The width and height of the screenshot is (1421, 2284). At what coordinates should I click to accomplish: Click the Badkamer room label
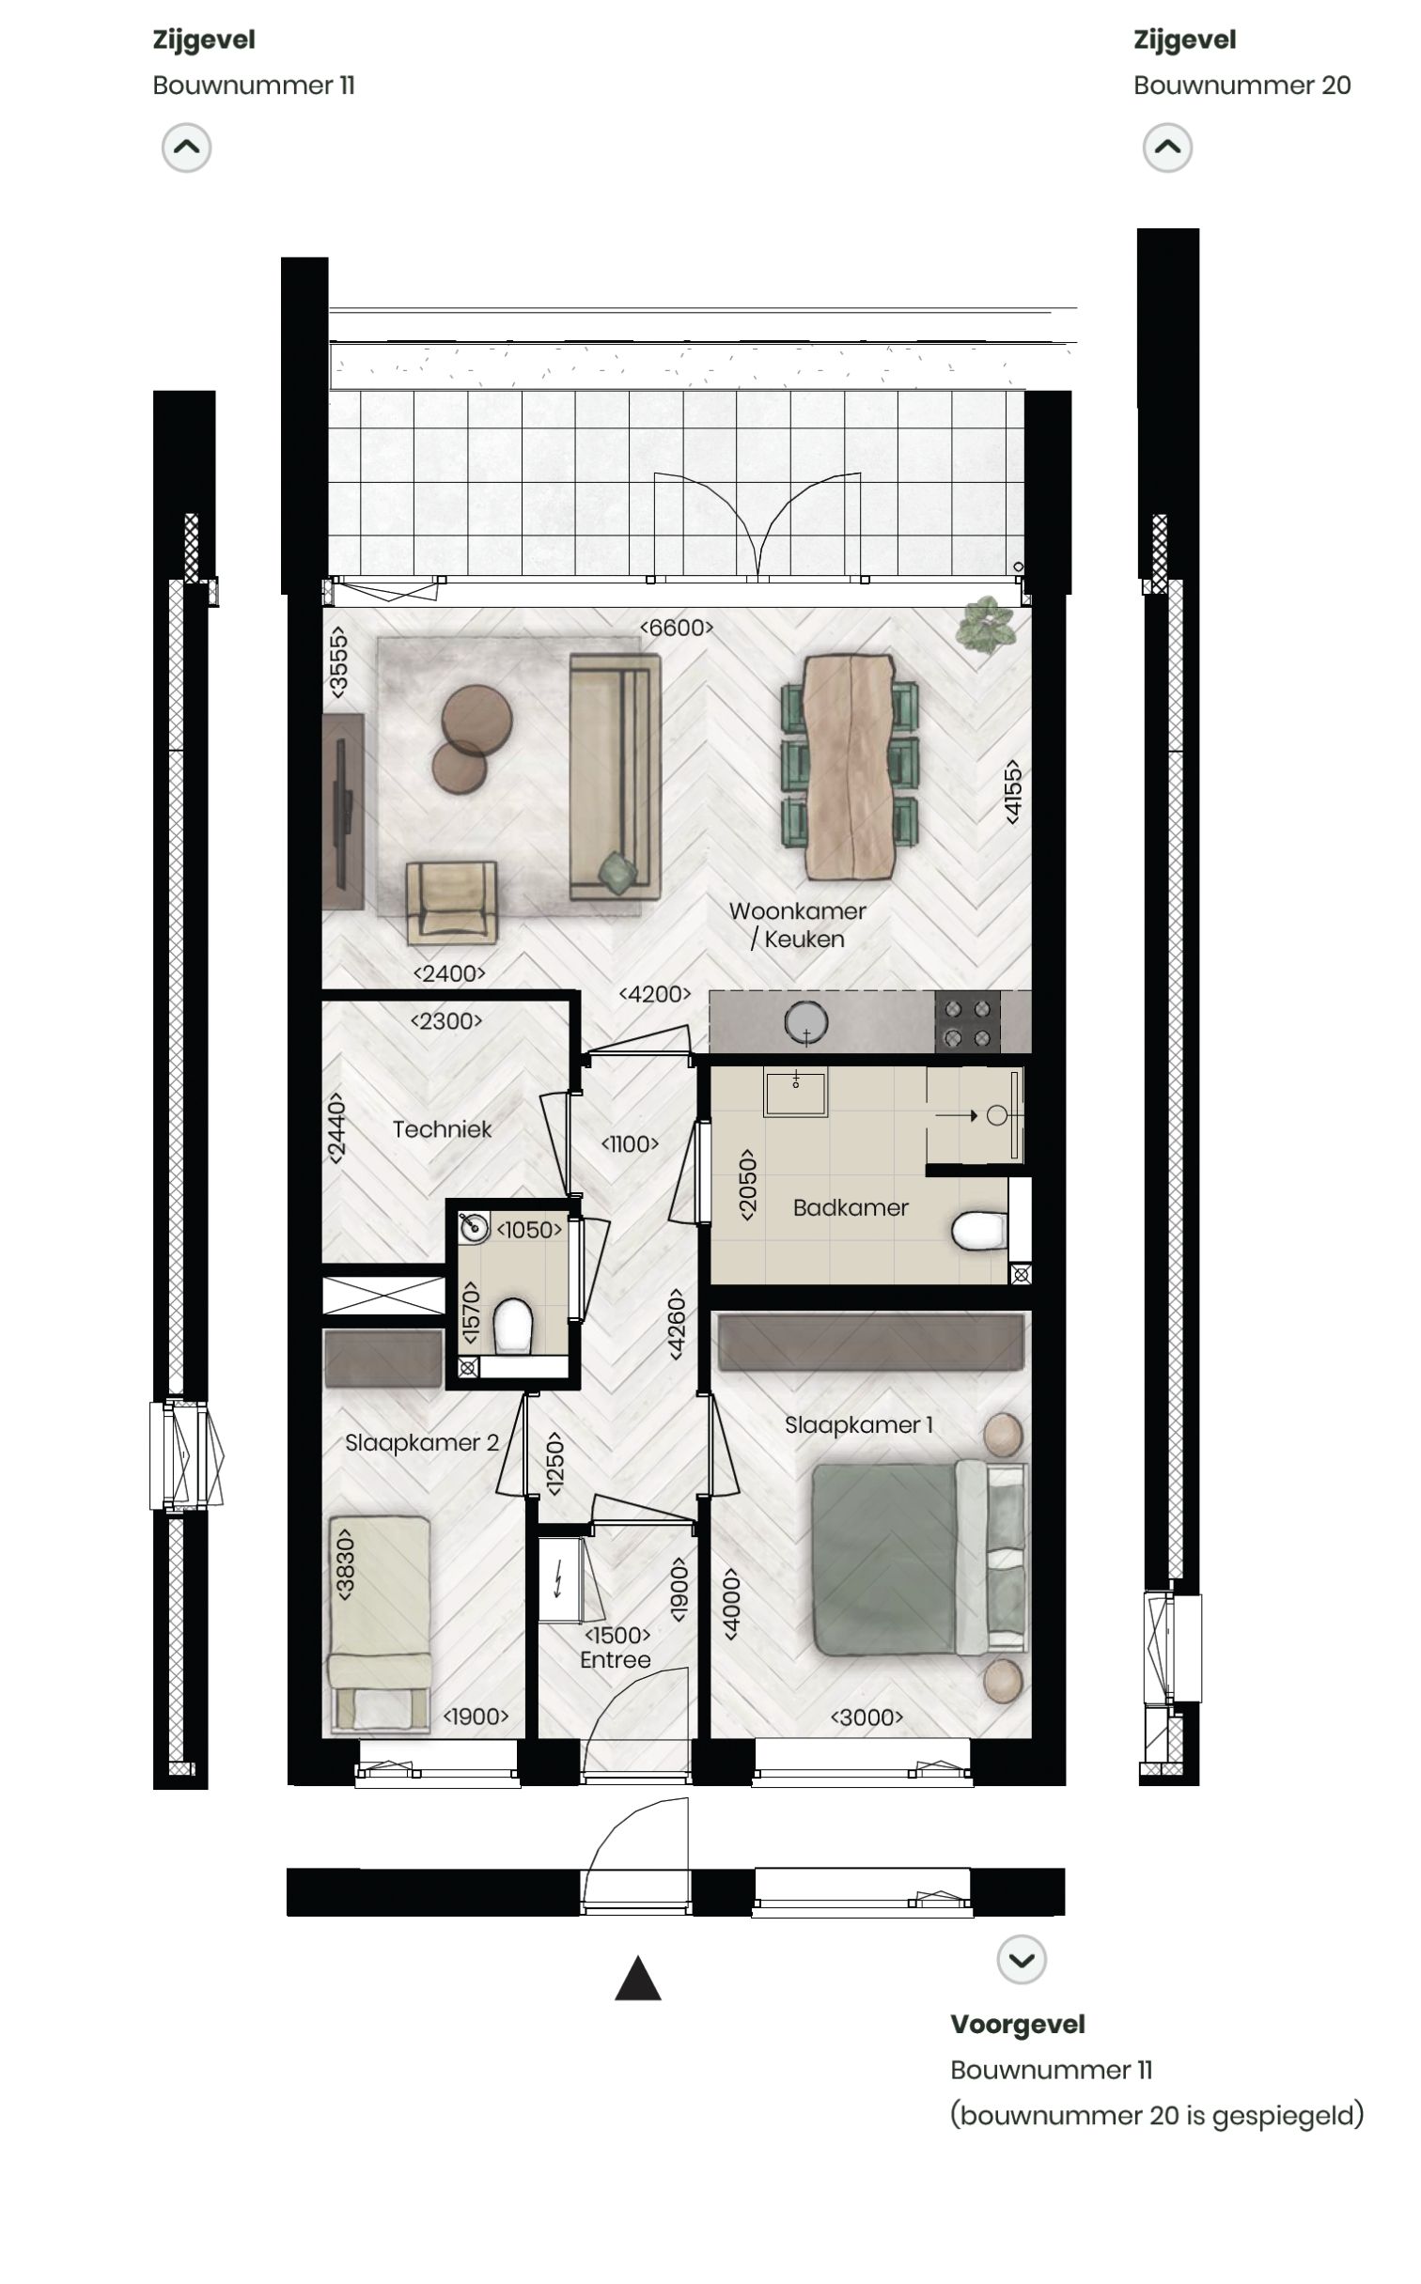click(x=851, y=1207)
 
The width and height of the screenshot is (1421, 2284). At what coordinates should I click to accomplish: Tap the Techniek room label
click(x=442, y=1129)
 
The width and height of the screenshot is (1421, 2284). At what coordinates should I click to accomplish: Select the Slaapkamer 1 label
click(x=859, y=1425)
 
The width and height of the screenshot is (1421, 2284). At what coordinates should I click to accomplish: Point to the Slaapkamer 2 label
click(x=421, y=1443)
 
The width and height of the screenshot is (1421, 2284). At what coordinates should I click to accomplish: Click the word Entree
click(x=616, y=1660)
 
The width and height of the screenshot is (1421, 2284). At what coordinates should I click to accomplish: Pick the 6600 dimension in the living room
click(x=676, y=628)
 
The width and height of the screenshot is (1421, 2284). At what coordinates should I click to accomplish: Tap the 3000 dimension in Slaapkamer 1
click(x=867, y=1717)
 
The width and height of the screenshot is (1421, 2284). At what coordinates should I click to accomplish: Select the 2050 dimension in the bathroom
click(x=748, y=1184)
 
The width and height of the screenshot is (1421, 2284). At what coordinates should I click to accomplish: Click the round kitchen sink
click(x=806, y=1021)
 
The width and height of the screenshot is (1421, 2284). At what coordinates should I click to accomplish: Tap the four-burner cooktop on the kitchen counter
click(x=967, y=1023)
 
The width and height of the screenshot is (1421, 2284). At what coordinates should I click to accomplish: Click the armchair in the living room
click(x=451, y=901)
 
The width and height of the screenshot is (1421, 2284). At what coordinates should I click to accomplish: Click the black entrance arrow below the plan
click(x=638, y=1980)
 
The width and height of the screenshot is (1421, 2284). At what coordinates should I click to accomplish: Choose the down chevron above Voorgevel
click(x=1022, y=1960)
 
